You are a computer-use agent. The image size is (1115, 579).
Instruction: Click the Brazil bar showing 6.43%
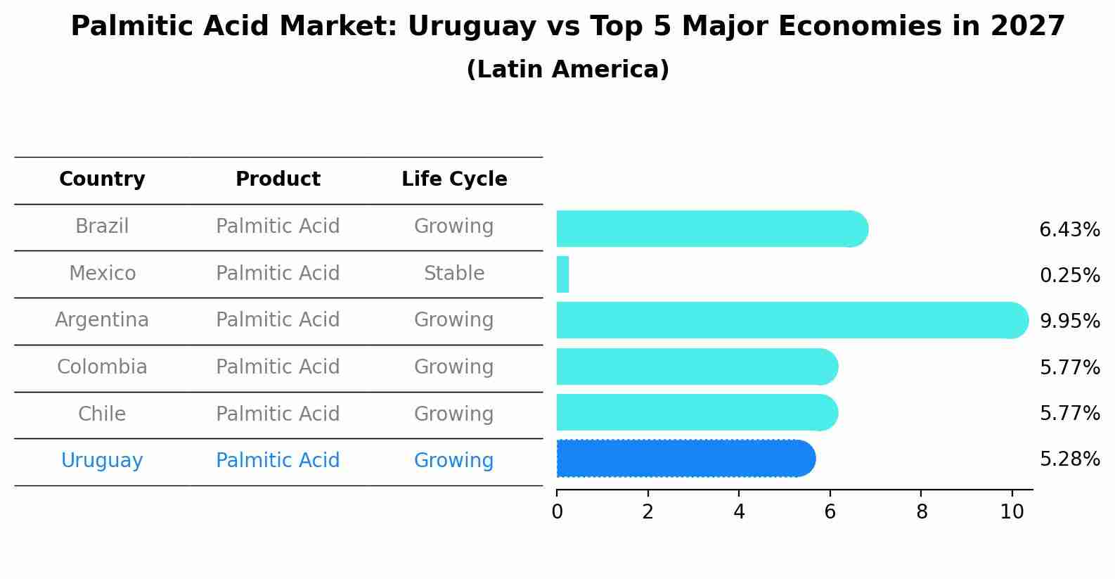[x=711, y=229]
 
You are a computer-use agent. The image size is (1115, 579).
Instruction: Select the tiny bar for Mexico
[x=562, y=274]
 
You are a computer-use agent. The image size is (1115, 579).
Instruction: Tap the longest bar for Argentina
[x=792, y=320]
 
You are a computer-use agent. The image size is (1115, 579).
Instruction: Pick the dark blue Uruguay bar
[x=685, y=459]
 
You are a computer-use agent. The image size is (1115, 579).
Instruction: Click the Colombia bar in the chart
[x=697, y=367]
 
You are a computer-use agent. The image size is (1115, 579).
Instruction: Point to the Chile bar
[x=697, y=412]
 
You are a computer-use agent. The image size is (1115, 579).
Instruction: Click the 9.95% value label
[x=1069, y=322]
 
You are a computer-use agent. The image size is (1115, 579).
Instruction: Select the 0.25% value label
[x=1069, y=275]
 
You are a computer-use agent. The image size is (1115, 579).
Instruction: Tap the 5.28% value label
[x=1069, y=459]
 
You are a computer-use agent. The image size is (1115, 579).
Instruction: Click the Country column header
[x=102, y=179]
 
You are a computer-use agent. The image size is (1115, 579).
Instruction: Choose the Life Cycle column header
[x=454, y=179]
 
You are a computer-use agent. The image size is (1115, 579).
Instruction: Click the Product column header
[x=278, y=179]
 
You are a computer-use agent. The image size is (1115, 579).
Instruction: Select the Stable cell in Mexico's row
[x=454, y=273]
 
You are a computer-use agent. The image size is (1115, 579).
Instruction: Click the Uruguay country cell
[x=102, y=461]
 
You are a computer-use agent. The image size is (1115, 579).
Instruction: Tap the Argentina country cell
[x=102, y=320]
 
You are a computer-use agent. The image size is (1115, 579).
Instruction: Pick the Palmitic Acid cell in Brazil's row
[x=278, y=227]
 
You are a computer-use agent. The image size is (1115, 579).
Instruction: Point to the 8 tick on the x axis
[x=921, y=512]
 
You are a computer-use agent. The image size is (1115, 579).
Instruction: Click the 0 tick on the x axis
[x=557, y=512]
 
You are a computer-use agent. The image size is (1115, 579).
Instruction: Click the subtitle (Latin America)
[x=567, y=70]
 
